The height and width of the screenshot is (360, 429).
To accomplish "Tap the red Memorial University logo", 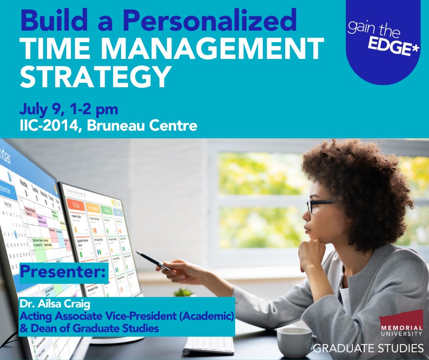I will click(400, 320).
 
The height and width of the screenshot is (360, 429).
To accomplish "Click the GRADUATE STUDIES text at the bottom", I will click(368, 349).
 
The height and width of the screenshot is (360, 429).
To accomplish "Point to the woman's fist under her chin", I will click(312, 251).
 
